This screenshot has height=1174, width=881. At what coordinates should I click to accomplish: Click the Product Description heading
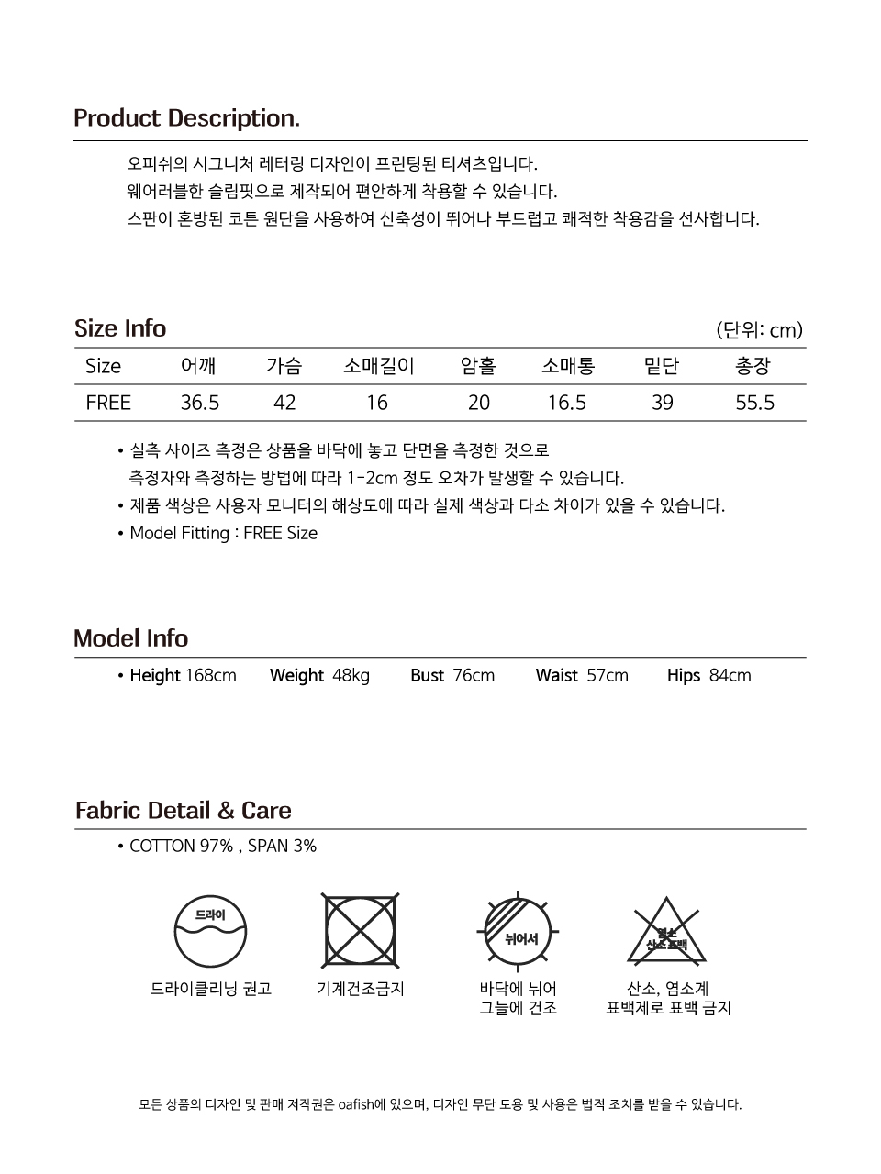click(x=186, y=118)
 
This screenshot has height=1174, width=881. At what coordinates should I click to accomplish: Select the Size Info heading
click(x=120, y=328)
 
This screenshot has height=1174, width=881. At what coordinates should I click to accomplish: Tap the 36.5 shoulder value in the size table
click(x=200, y=403)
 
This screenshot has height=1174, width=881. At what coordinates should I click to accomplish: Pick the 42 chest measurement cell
click(x=284, y=403)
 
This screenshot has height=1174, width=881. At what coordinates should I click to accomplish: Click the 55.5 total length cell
click(x=754, y=403)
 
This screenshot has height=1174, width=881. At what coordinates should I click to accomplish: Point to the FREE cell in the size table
click(x=108, y=403)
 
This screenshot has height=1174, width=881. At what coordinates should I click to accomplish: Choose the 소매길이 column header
click(x=378, y=366)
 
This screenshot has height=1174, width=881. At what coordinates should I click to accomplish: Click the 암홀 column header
click(x=478, y=366)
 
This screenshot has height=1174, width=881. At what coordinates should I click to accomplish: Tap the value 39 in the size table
click(x=662, y=403)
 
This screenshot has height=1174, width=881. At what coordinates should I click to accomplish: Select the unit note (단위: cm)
click(x=759, y=330)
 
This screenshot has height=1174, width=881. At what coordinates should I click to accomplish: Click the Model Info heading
click(x=130, y=638)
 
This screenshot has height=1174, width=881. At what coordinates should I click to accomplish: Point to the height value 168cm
click(x=211, y=676)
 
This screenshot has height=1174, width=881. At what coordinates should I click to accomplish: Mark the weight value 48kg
click(x=351, y=676)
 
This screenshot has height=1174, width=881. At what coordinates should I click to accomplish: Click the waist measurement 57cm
click(x=608, y=676)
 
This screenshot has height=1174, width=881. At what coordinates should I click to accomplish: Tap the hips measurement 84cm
click(x=730, y=676)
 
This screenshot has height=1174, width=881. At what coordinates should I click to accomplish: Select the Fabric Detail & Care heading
click(x=184, y=811)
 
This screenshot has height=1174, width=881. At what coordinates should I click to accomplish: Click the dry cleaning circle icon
click(x=210, y=932)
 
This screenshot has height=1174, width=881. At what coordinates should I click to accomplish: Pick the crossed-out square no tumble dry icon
click(x=361, y=931)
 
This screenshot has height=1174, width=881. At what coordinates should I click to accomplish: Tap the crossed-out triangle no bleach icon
click(x=667, y=932)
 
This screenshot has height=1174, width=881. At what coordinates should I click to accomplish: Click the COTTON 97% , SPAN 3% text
click(x=223, y=847)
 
